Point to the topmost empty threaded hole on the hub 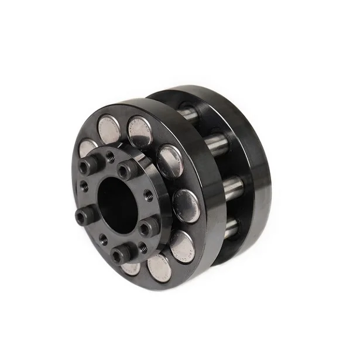coord(110,156)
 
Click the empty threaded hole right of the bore coord(148,195)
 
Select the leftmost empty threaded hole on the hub coord(84,187)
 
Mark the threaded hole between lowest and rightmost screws coord(142,246)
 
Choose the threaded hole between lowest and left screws coord(103,239)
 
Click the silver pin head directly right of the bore coord(186,205)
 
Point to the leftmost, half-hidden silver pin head coord(86,147)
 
